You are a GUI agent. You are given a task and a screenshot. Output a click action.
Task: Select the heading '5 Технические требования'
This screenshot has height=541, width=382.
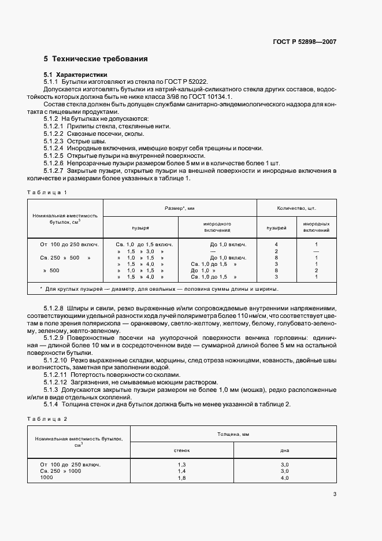tap(95, 59)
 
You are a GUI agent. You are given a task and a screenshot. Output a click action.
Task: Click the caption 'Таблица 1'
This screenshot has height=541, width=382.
tap(47, 192)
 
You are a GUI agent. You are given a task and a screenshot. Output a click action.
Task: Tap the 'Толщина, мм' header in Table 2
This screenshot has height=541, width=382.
tap(233, 433)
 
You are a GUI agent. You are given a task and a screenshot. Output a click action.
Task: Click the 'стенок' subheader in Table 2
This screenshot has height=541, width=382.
tap(181, 450)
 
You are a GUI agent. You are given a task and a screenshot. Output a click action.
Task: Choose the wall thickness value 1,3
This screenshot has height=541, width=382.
tap(181, 464)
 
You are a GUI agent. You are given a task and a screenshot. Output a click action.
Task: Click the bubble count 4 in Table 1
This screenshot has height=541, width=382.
tap(276, 244)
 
